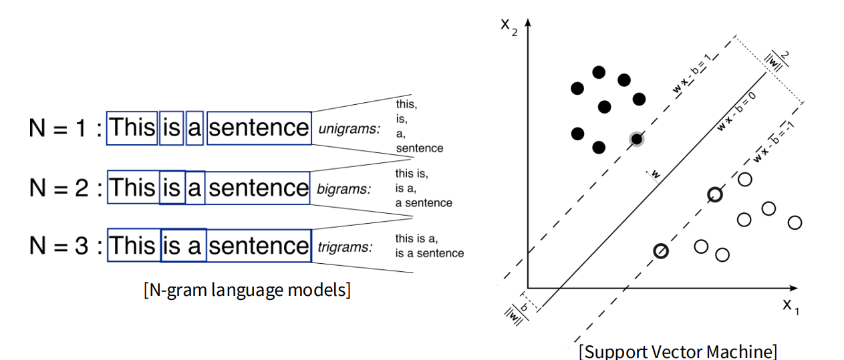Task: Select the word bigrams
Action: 344,189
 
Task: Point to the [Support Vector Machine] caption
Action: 678,351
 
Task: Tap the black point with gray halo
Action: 637,139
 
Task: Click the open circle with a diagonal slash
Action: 661,251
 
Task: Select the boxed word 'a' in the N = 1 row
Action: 194,128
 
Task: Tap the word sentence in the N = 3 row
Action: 259,246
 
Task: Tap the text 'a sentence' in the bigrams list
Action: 424,202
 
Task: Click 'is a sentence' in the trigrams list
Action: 429,253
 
